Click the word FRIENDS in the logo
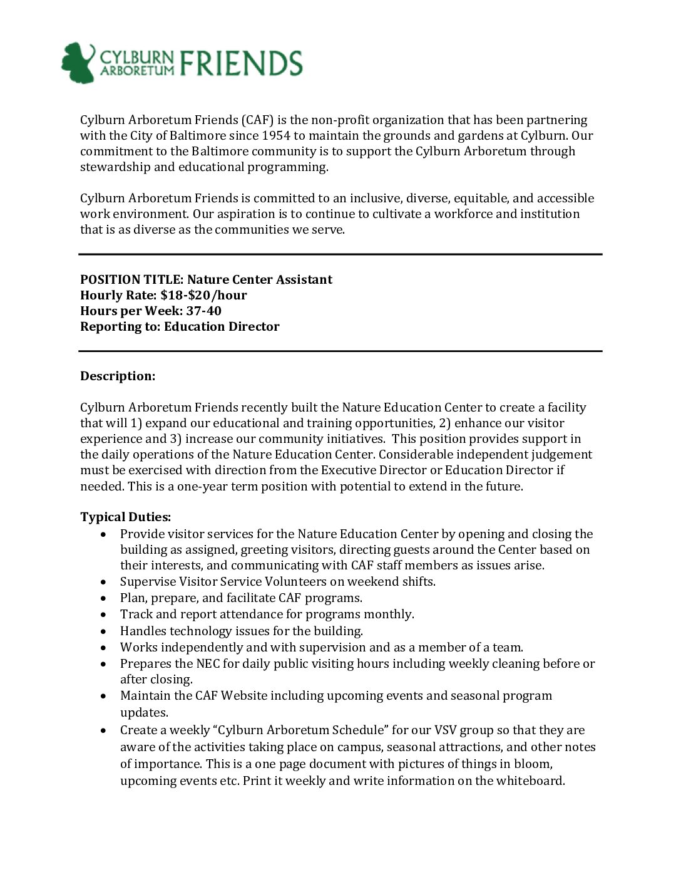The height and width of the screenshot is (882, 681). click(x=241, y=63)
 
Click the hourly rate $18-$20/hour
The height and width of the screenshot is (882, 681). click(x=203, y=296)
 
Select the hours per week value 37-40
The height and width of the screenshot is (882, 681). click(x=203, y=311)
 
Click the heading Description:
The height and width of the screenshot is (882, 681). click(x=118, y=376)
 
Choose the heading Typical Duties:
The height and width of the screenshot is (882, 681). click(x=125, y=517)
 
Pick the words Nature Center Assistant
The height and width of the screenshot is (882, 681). click(x=260, y=280)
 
